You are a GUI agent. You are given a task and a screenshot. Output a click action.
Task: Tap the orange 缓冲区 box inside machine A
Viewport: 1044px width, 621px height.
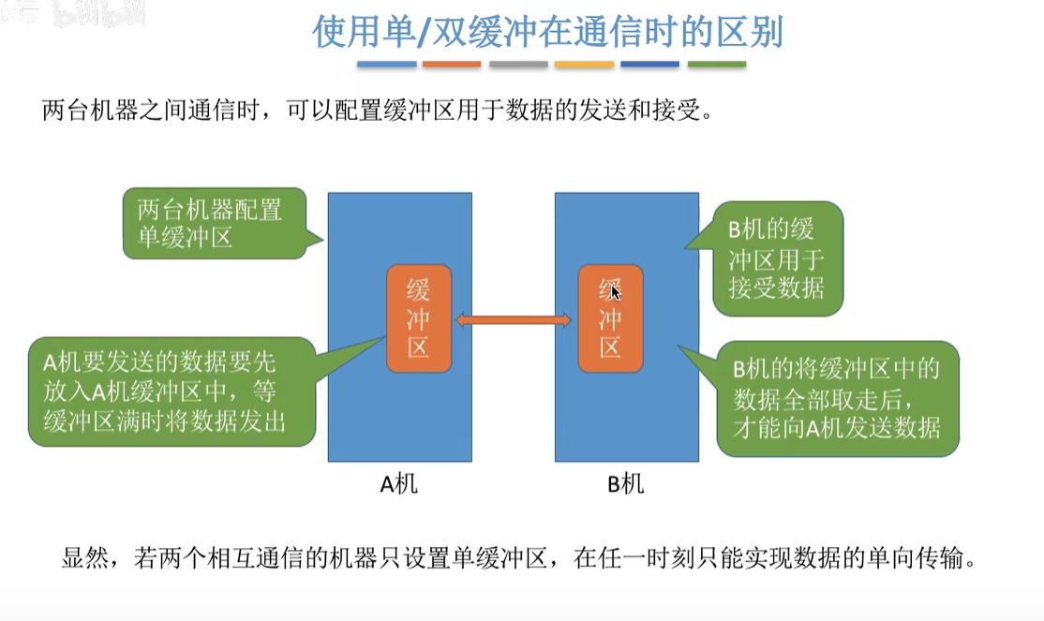tap(419, 318)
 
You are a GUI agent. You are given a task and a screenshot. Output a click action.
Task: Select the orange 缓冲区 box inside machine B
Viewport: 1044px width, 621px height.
tap(610, 319)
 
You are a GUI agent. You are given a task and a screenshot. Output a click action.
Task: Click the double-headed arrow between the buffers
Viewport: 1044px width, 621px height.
tap(514, 321)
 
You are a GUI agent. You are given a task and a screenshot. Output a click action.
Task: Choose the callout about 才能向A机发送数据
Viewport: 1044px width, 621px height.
tap(836, 397)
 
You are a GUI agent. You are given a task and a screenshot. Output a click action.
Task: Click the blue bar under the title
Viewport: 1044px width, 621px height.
tap(387, 65)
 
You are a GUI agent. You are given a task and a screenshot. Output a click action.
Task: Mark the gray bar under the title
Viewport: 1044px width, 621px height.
tap(518, 65)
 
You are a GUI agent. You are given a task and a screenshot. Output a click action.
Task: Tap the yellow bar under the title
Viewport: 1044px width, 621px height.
tap(584, 65)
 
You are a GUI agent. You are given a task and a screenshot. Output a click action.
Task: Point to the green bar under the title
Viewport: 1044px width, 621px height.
tap(717, 65)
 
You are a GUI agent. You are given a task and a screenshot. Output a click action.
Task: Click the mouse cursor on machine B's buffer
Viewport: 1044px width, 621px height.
tap(615, 292)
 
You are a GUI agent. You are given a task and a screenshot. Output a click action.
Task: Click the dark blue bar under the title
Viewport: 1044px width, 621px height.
tap(649, 65)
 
